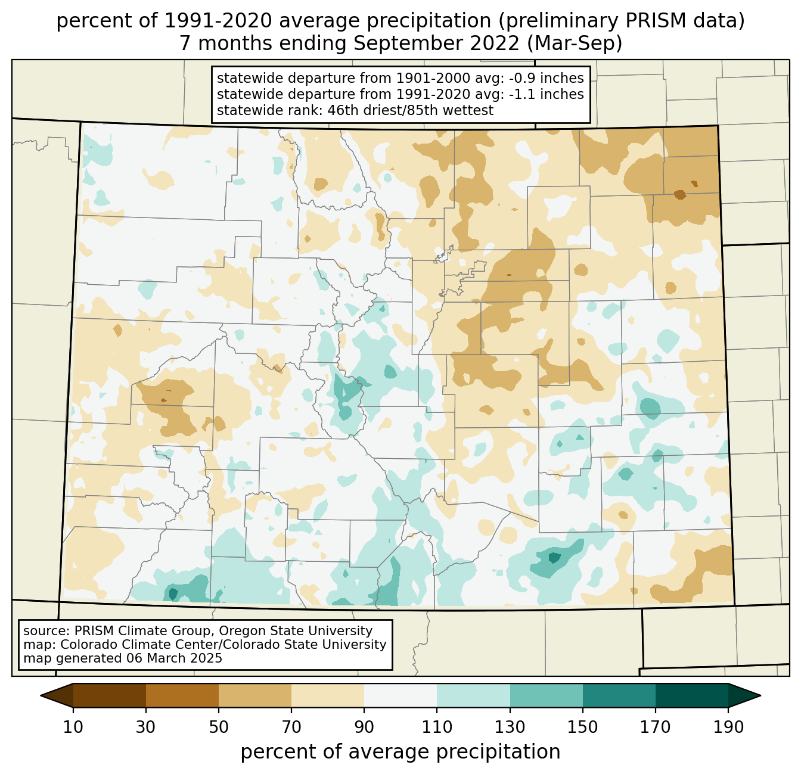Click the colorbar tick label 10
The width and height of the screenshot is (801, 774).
pyautogui.click(x=73, y=727)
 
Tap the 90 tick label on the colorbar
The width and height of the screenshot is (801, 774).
pyautogui.click(x=364, y=727)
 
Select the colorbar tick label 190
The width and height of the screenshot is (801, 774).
pyautogui.click(x=728, y=727)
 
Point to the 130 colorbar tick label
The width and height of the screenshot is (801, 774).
pyautogui.click(x=510, y=727)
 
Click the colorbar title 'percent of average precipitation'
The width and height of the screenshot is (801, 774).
pyautogui.click(x=401, y=752)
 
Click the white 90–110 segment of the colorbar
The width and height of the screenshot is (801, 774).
pyautogui.click(x=401, y=695)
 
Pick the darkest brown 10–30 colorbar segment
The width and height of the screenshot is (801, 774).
pyautogui.click(x=110, y=695)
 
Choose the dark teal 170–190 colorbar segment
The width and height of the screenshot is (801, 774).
pyautogui.click(x=692, y=695)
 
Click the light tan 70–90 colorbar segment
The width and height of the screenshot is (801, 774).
pyautogui.click(x=328, y=695)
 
